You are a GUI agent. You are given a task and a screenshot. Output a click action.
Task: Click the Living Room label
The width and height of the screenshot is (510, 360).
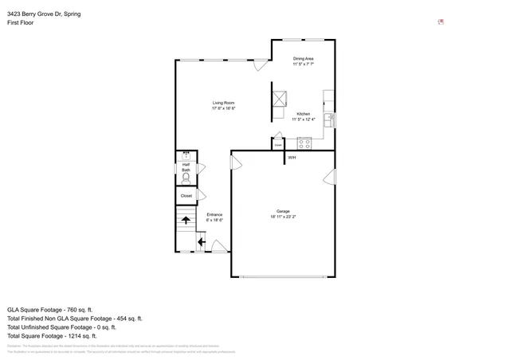pyautogui.click(x=223, y=105)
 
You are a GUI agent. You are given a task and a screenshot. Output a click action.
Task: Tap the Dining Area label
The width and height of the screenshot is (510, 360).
pyautogui.click(x=303, y=61)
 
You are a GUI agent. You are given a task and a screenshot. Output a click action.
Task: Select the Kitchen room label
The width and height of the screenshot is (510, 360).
pyautogui.click(x=303, y=116)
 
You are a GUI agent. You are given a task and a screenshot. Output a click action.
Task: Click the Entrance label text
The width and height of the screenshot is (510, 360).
pyautogui.click(x=214, y=217)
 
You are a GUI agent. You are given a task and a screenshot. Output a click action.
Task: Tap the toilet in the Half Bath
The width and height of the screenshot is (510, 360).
pyautogui.click(x=186, y=179)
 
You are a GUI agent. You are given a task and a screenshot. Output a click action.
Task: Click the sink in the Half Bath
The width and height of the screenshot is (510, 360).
pyautogui.click(x=186, y=156)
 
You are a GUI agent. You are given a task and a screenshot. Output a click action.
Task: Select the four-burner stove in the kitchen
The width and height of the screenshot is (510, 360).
pyautogui.click(x=304, y=143)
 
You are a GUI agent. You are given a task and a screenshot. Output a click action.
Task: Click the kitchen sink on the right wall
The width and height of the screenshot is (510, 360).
pyautogui.click(x=329, y=120)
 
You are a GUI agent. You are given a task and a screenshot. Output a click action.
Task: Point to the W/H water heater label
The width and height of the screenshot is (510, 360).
pyautogui.click(x=292, y=158)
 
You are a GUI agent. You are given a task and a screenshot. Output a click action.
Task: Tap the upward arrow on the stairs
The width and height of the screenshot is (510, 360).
pyautogui.click(x=186, y=220)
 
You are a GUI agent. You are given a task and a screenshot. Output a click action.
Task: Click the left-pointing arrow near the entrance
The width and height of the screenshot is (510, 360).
pyautogui.click(x=201, y=242)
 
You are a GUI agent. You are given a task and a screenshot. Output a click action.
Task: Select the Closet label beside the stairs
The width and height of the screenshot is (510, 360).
pyautogui.click(x=186, y=195)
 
